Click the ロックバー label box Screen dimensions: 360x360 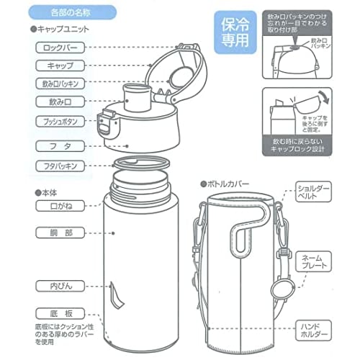[58, 47]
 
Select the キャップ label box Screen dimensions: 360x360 [58, 65]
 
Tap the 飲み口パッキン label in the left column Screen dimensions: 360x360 [58, 83]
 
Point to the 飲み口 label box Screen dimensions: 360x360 [58, 101]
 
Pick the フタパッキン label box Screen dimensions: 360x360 [58, 166]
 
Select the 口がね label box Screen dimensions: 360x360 [58, 207]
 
